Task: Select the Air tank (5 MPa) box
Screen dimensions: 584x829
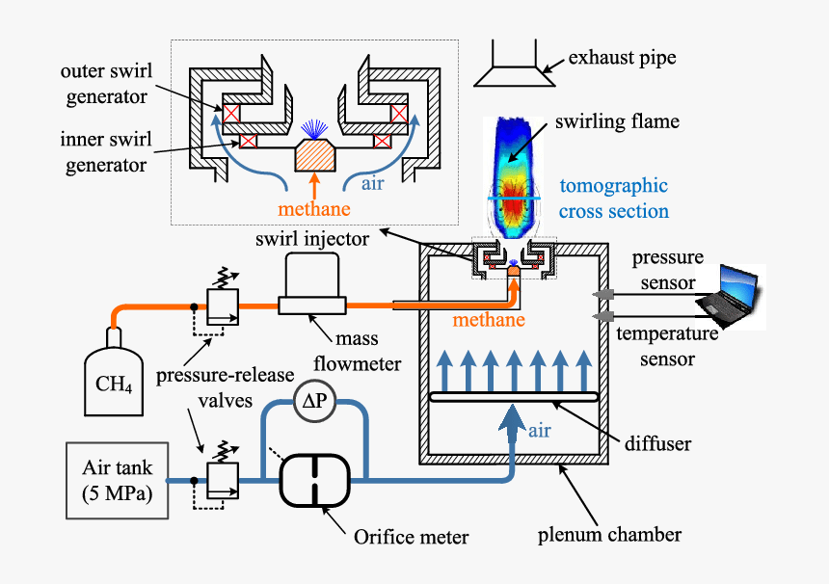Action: pyautogui.click(x=115, y=478)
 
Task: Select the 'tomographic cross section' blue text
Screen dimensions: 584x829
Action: pyautogui.click(x=614, y=199)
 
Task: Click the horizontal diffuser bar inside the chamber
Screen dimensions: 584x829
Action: pyautogui.click(x=514, y=397)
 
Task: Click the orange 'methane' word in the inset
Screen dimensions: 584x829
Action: pyautogui.click(x=314, y=208)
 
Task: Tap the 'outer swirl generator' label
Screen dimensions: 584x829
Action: pyautogui.click(x=103, y=84)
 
